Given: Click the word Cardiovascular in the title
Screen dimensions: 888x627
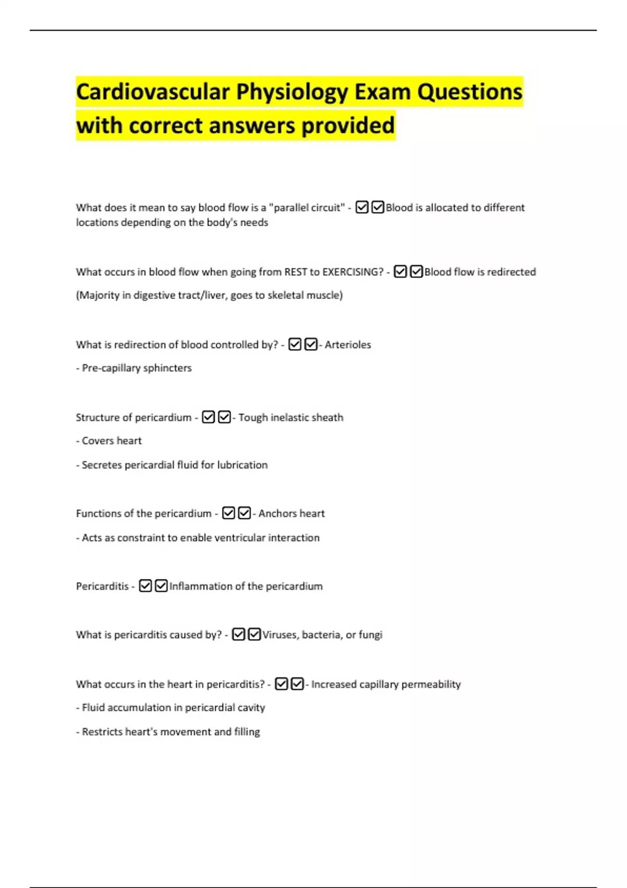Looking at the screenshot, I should click(153, 92).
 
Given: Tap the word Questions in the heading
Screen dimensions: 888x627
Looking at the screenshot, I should click(469, 92).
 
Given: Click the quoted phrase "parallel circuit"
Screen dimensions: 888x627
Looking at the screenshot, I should click(307, 208).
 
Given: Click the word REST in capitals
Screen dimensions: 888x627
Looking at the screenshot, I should click(295, 272).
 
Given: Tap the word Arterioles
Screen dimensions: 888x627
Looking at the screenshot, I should click(347, 345).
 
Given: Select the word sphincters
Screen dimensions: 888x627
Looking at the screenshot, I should click(167, 368).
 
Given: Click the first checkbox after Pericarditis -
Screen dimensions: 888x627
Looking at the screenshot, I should click(145, 586).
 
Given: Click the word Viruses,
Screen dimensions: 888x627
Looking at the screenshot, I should click(280, 635).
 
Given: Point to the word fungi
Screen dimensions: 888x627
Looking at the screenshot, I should click(370, 635).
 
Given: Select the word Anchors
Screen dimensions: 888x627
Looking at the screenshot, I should click(277, 514).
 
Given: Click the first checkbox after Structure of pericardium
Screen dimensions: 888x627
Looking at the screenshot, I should click(208, 417).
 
